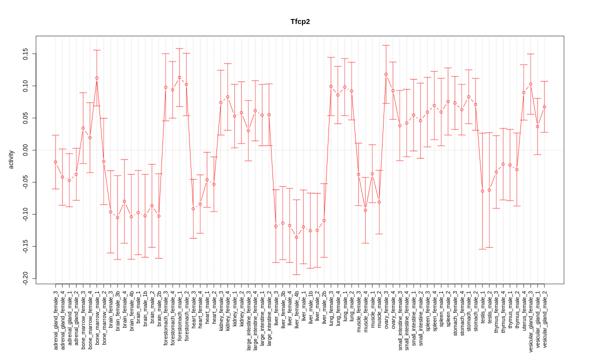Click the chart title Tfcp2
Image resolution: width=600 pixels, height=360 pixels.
(x=300, y=21)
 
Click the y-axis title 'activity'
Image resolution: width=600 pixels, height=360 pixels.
(x=11, y=159)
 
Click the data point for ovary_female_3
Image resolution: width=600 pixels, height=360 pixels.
(x=386, y=74)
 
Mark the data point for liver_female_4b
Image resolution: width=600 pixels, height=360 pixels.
(x=296, y=237)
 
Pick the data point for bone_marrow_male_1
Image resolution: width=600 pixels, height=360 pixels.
(x=97, y=78)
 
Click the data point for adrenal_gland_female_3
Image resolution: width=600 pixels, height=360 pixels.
(x=55, y=162)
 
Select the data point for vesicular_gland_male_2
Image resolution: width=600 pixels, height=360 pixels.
(x=544, y=106)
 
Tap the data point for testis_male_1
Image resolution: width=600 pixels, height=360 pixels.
(x=482, y=191)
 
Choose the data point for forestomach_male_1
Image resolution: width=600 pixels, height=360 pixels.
(x=179, y=77)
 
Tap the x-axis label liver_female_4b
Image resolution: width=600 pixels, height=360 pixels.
(x=296, y=308)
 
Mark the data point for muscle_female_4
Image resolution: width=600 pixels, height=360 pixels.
(x=365, y=210)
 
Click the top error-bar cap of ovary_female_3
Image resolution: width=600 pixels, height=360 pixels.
(x=386, y=45)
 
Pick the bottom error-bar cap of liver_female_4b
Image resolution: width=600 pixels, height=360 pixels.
(x=296, y=274)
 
